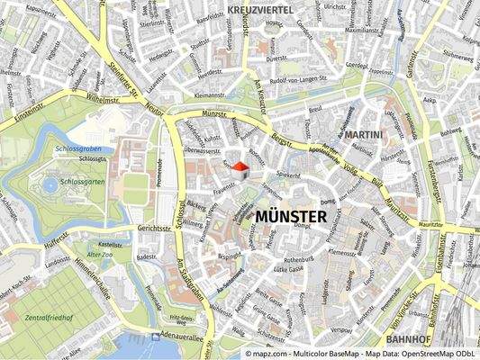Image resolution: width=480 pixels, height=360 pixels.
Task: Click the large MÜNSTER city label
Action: click(291, 217)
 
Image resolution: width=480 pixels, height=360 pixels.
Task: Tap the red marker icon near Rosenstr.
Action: click(240, 168)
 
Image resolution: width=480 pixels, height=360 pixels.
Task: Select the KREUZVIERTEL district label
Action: click(262, 8)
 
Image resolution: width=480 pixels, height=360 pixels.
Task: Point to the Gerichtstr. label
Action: click(153, 229)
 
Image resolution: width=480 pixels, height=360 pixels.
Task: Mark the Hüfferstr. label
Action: click(56, 240)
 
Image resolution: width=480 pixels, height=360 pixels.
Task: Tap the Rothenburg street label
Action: click(299, 258)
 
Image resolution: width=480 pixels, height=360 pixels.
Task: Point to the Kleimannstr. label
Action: click(210, 94)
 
